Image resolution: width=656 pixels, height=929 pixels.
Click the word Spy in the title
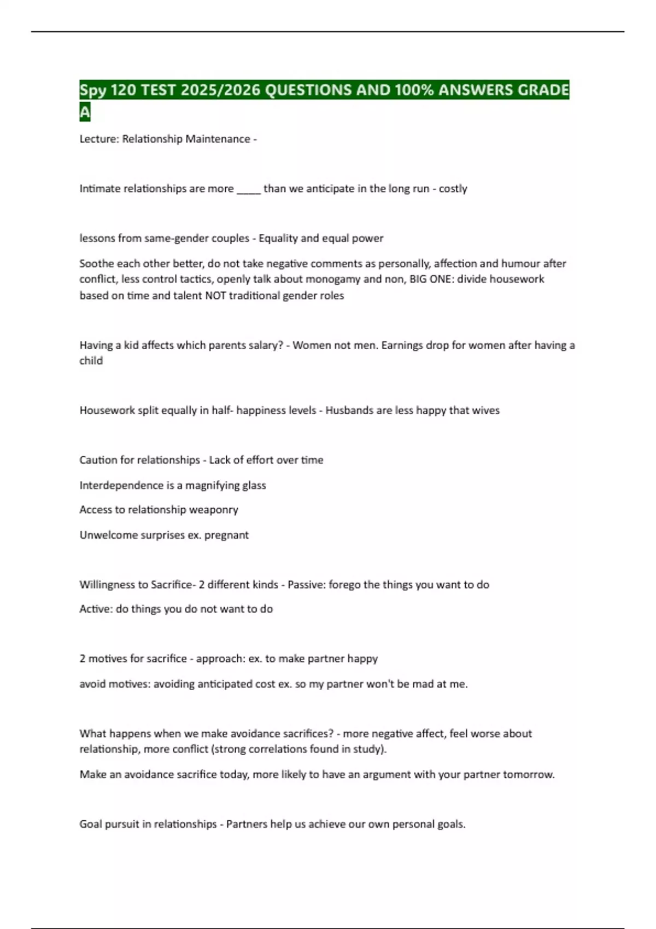[93, 90]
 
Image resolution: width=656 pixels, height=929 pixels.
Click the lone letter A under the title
[85, 113]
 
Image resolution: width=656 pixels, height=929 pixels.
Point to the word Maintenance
[218, 139]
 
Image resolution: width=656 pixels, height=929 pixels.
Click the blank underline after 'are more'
[249, 189]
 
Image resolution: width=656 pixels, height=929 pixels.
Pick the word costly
[453, 189]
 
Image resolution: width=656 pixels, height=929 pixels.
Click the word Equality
[278, 238]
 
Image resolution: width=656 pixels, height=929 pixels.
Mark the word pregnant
[226, 535]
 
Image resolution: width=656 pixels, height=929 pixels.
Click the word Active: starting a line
[96, 609]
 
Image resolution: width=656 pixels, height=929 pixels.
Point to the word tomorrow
[529, 774]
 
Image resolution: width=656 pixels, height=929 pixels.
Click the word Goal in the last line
[91, 824]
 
